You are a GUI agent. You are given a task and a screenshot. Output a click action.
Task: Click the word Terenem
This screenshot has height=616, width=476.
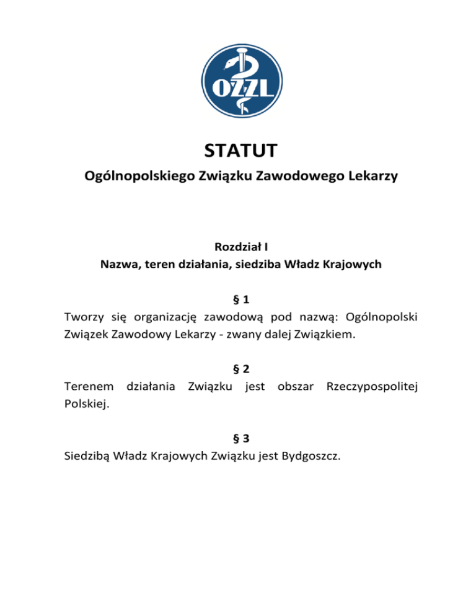(89, 387)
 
